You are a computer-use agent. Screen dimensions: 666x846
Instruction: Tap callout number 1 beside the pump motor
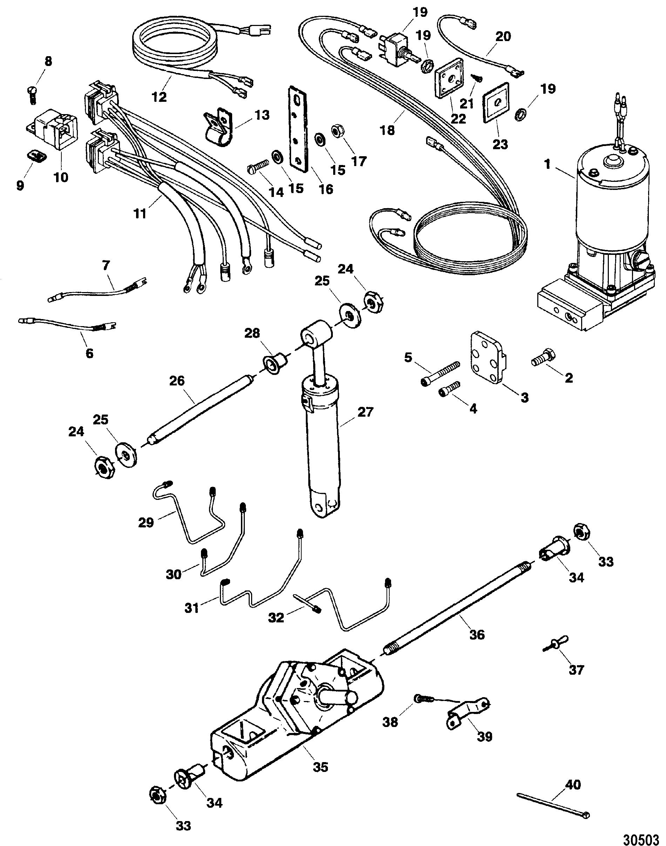tap(547, 165)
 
